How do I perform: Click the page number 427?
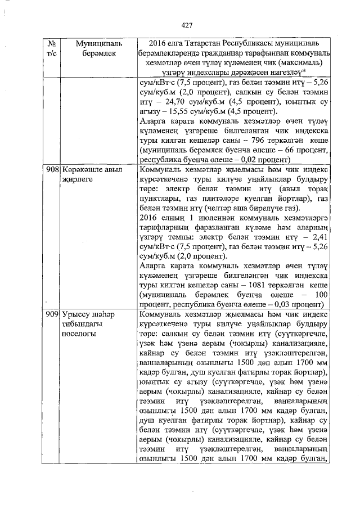click(x=187, y=25)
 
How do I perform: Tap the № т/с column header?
click(x=51, y=48)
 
